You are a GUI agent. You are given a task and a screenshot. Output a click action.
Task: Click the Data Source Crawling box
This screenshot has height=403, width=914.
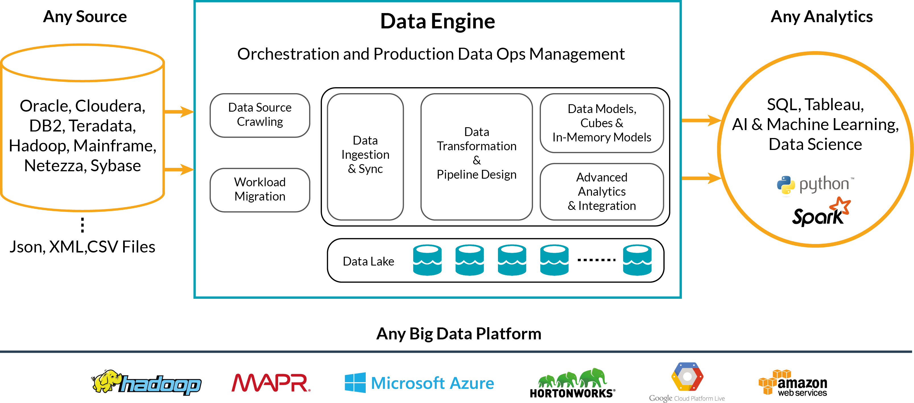click(x=260, y=115)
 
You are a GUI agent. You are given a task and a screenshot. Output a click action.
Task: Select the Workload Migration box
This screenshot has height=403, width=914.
click(x=260, y=190)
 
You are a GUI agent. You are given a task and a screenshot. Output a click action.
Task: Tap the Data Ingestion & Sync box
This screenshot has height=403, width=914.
click(x=365, y=156)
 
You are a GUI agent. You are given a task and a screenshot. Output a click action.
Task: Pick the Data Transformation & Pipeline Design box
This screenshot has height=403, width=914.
click(x=476, y=156)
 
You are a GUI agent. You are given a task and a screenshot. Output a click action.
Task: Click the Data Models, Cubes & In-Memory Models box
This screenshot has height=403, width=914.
click(x=601, y=123)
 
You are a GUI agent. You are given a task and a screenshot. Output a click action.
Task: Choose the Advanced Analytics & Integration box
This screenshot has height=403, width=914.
click(x=601, y=191)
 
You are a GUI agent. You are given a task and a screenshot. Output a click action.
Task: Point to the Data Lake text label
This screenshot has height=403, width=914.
click(x=368, y=261)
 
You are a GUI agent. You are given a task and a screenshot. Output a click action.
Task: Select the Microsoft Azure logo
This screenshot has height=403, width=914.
click(x=419, y=383)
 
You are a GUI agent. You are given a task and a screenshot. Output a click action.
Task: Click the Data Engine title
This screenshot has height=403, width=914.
click(x=437, y=21)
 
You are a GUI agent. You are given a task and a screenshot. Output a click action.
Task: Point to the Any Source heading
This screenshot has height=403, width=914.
click(x=85, y=17)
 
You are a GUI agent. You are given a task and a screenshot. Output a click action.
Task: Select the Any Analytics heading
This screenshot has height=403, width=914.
click(x=821, y=17)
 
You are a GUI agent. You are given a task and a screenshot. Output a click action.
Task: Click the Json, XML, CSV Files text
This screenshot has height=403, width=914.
click(x=82, y=247)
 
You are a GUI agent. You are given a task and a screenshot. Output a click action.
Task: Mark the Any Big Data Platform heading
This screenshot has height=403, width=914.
click(x=458, y=333)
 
